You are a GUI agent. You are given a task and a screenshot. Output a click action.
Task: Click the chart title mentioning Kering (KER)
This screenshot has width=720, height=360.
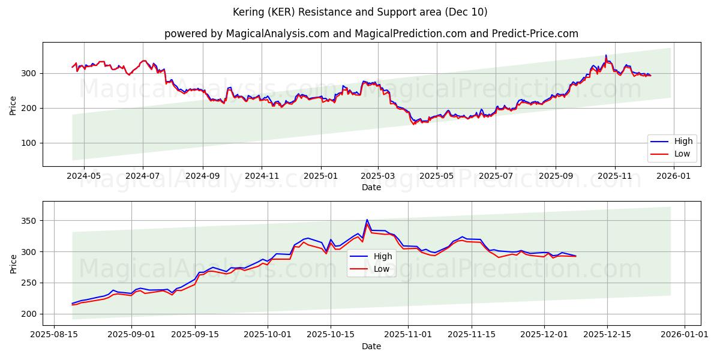click(359, 12)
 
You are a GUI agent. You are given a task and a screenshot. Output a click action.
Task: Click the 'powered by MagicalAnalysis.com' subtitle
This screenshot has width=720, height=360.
click(371, 34)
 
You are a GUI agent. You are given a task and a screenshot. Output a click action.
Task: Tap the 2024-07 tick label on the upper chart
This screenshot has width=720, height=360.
click(142, 176)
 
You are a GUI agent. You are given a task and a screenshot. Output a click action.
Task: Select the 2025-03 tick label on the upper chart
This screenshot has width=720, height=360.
click(378, 176)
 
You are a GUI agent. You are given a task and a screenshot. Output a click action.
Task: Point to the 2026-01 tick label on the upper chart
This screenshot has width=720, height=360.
click(673, 176)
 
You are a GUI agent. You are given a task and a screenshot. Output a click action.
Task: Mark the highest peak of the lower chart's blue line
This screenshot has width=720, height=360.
click(367, 220)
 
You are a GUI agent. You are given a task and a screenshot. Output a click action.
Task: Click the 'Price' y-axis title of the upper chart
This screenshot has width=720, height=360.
click(13, 104)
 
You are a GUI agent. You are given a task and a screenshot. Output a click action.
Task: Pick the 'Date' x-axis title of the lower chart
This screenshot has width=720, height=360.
click(371, 346)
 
